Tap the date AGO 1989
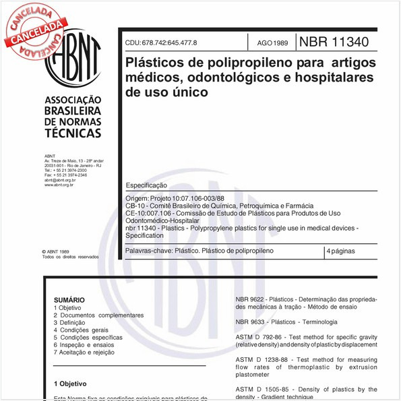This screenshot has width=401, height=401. pyautogui.click(x=272, y=43)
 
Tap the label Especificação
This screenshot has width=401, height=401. pyautogui.click(x=146, y=185)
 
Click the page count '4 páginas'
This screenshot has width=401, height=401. pyautogui.click(x=340, y=251)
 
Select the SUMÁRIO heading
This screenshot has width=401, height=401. pyautogui.click(x=69, y=300)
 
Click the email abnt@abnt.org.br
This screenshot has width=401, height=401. pyautogui.click(x=60, y=181)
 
